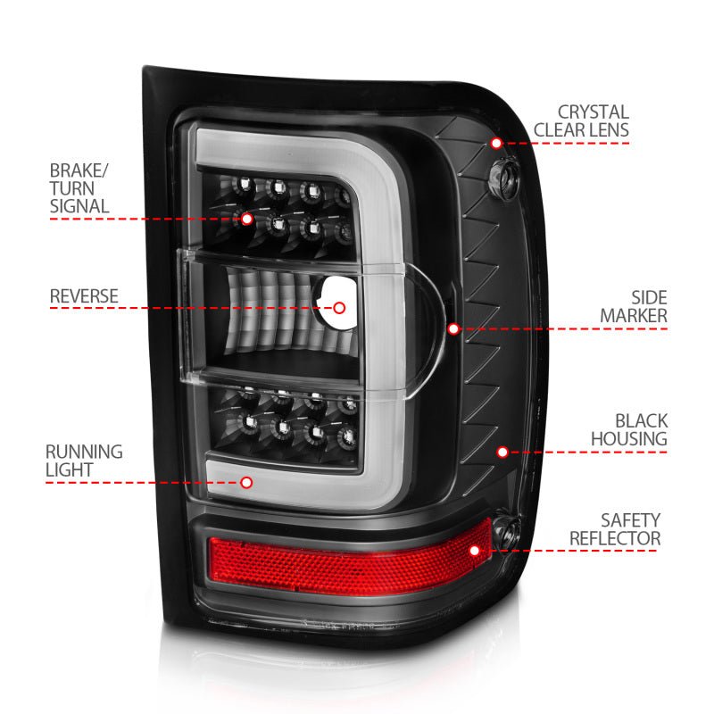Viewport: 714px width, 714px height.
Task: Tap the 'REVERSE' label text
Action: click(84, 295)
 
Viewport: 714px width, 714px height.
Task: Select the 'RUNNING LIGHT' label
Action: click(86, 461)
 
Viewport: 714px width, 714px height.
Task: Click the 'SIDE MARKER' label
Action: click(633, 306)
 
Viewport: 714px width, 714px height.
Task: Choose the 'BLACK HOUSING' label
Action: click(628, 428)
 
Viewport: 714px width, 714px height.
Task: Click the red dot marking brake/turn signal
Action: click(246, 218)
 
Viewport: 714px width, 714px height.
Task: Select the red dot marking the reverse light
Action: click(339, 308)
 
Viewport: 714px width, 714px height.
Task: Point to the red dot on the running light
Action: click(246, 482)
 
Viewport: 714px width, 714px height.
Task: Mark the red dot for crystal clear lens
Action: click(496, 143)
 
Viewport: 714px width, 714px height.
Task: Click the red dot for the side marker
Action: click(453, 329)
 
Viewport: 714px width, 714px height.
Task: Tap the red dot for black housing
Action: click(502, 452)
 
